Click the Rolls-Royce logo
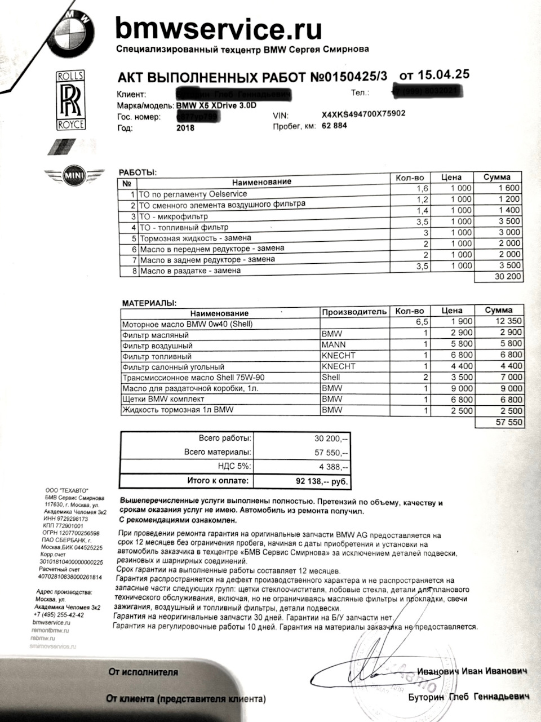70,100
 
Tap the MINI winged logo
74,175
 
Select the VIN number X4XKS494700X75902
363,113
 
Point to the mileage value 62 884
334,125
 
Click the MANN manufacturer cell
334,344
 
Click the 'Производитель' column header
354,312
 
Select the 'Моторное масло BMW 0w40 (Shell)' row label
188,324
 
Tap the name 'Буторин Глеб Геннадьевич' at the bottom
468,697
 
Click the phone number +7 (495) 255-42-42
59,615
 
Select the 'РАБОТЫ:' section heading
138,172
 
